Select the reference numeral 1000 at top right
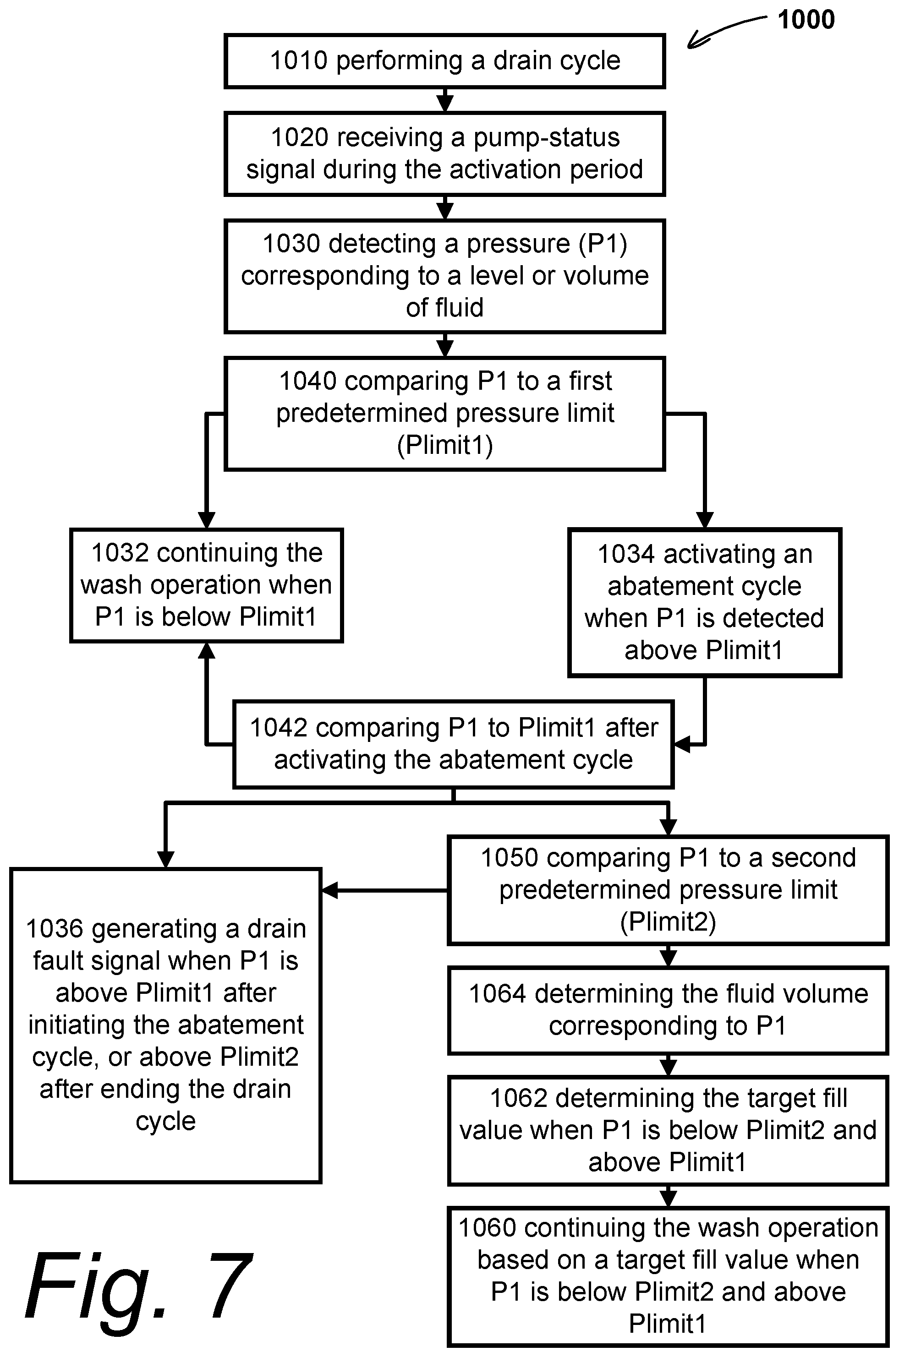pyautogui.click(x=806, y=20)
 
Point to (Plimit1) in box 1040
pyautogui.click(x=445, y=445)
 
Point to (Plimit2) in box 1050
pyautogui.click(x=668, y=922)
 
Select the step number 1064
pyautogui.click(x=498, y=994)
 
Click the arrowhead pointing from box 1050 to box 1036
pyautogui.click(x=329, y=890)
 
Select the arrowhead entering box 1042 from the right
pyautogui.click(x=681, y=744)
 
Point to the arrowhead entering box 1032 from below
pyautogui.click(x=206, y=650)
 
